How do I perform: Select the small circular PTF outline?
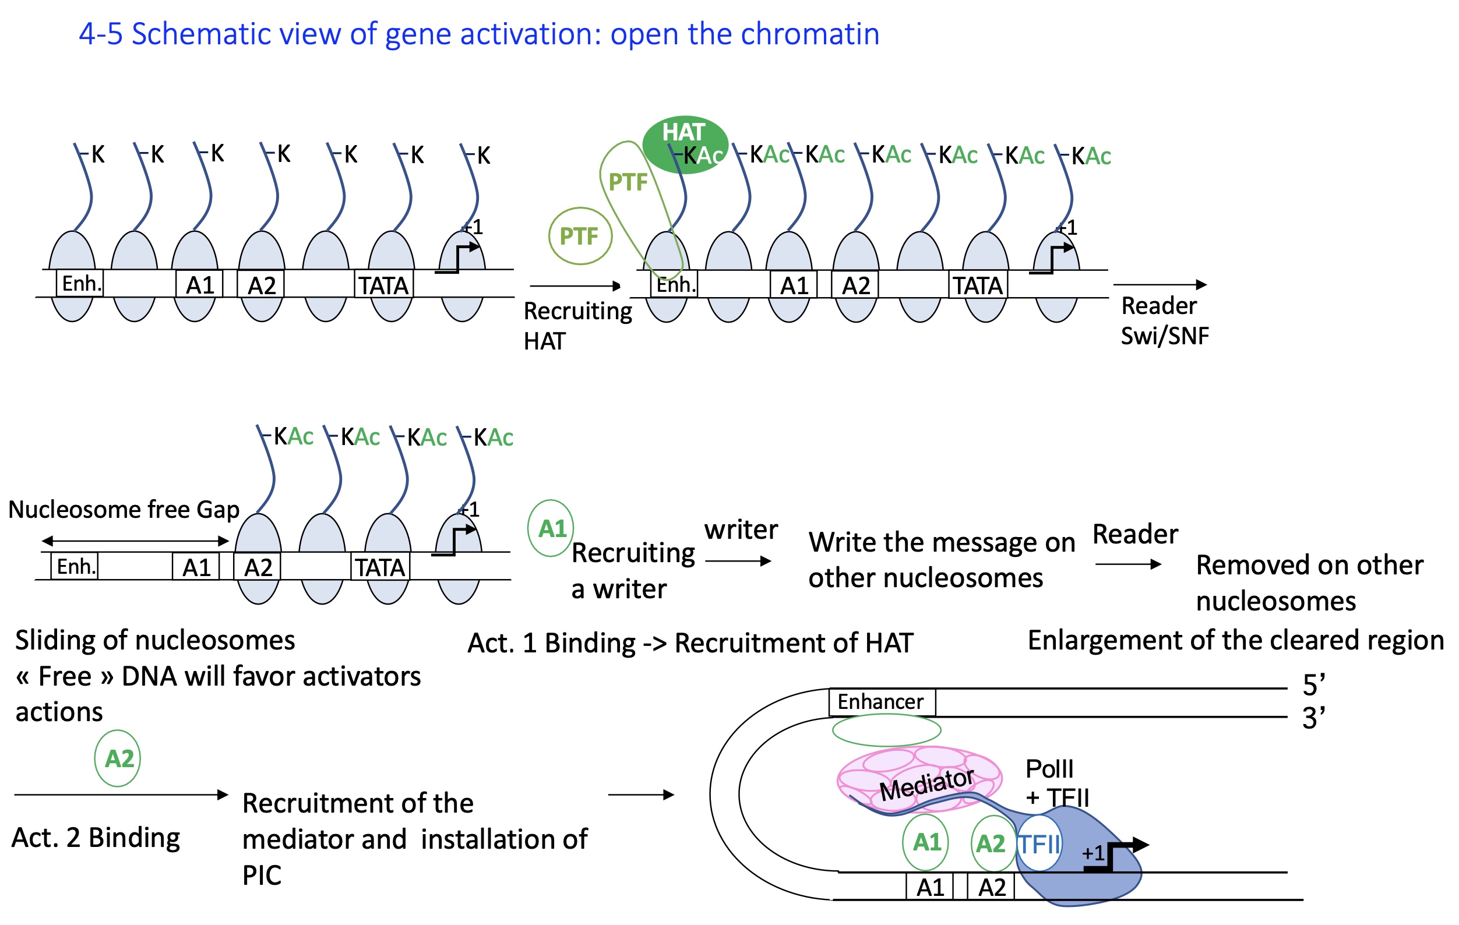pos(580,236)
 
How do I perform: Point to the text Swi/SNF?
pos(1164,336)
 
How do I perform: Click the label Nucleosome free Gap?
pos(124,510)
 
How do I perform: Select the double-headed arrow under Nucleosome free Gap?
pos(135,541)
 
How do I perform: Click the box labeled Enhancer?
pos(881,702)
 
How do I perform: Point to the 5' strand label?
pos(1313,685)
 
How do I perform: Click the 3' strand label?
pos(1313,718)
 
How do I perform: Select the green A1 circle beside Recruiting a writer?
pos(551,529)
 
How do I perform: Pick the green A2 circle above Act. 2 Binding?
pos(118,758)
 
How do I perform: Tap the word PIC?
pos(262,875)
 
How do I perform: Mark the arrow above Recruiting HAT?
pos(575,286)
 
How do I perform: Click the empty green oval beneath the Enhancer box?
pos(886,730)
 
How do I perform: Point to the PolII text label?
pos(1049,769)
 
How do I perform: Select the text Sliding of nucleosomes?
pos(155,640)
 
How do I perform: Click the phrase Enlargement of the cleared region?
pos(1235,640)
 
